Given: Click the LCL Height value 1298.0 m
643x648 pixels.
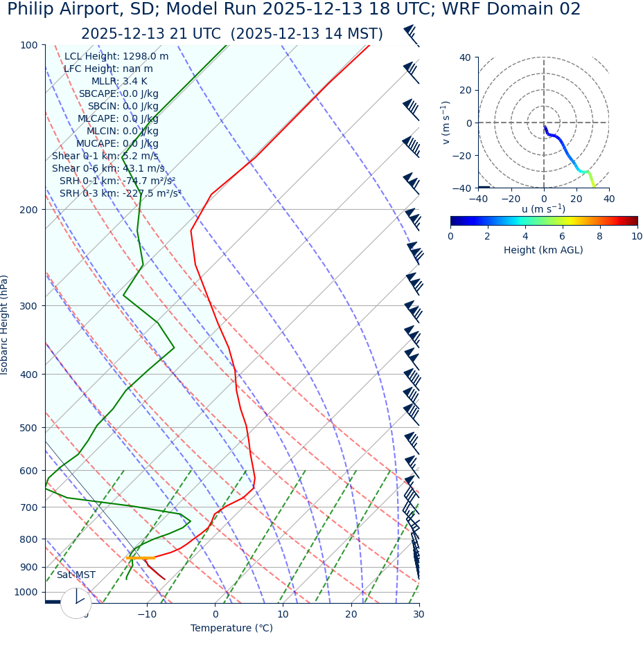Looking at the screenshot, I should coord(145,57).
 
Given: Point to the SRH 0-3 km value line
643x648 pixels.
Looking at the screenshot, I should coord(120,193).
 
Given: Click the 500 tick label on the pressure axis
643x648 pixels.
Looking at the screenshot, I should coord(28,428).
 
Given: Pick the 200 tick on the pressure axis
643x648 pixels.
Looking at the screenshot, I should coord(28,210).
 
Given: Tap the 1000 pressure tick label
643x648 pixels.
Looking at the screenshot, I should coord(26,593).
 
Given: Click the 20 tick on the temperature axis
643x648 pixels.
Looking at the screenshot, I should coord(351,614).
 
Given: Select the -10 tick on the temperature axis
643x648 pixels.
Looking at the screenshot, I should coord(146,614).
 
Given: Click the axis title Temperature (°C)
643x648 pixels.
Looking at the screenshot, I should coord(231,628).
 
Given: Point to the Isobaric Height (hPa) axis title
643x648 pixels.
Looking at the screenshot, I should coord(6,325).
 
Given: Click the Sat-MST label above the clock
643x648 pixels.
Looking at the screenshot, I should coord(76,575).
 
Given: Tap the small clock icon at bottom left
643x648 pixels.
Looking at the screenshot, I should coord(76,603).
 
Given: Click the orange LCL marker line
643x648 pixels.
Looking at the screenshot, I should coord(140,557).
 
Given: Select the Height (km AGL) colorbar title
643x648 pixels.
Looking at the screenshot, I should coord(543,250).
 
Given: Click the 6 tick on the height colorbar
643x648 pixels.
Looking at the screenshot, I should coord(563,236).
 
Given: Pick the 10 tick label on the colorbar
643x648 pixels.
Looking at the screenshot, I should coord(636,236).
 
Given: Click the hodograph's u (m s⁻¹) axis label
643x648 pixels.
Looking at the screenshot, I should coord(543,209).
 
